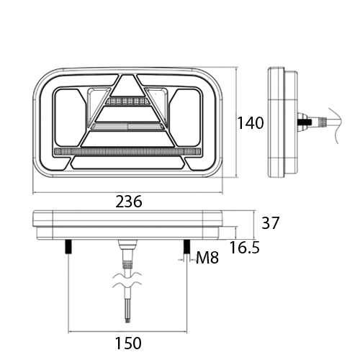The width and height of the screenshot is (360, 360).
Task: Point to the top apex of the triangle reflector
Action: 127,76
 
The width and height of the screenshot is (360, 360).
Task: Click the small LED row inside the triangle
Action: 127,102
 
